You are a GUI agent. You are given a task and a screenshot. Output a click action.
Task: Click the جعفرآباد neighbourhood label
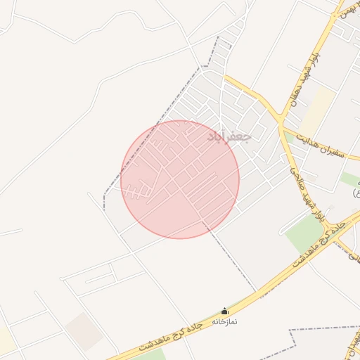click(x=229, y=136)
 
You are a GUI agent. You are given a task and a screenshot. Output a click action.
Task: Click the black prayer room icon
click(x=225, y=311)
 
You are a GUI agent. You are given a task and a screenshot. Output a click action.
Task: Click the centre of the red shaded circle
click(x=180, y=179)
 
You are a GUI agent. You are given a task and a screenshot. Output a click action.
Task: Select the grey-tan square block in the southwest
click(x=85, y=330)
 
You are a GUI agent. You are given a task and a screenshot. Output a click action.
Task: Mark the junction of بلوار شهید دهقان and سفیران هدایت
click(x=283, y=126)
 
